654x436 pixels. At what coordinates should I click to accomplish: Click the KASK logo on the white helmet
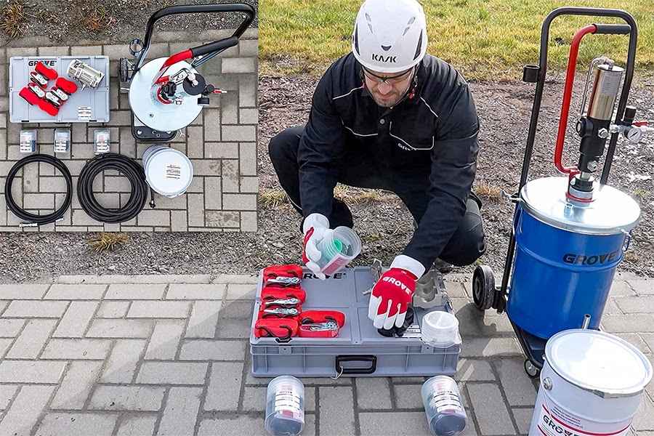coord(384,57)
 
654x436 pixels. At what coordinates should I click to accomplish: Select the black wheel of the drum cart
coord(483,286)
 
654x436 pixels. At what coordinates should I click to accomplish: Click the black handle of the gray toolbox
coord(356,364)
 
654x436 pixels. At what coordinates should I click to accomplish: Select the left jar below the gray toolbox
coord(284,405)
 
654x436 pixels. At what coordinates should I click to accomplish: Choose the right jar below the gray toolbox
coord(444,405)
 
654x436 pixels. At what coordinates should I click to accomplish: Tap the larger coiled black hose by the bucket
coord(112,187)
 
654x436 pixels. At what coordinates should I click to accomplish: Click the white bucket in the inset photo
coord(168,171)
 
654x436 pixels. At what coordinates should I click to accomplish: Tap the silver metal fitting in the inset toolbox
coord(85,73)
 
